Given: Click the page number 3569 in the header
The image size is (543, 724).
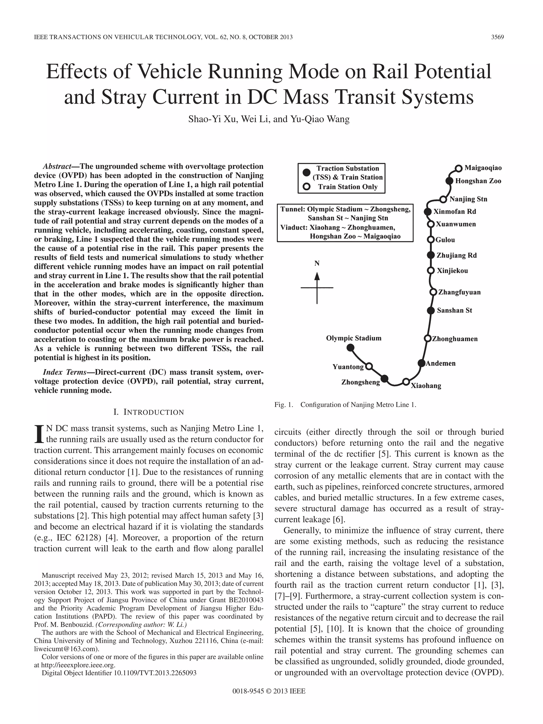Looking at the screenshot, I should pyautogui.click(x=497, y=37).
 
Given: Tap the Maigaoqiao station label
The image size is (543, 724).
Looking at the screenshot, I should pyautogui.click(x=483, y=168).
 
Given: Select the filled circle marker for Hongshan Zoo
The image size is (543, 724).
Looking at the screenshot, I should pyautogui.click(x=450, y=181).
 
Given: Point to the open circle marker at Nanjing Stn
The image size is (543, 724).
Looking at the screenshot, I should pyautogui.click(x=443, y=199).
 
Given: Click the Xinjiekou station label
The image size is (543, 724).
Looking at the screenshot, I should pyautogui.click(x=452, y=271).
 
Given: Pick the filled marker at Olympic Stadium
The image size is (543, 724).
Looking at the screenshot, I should pyautogui.click(x=351, y=347).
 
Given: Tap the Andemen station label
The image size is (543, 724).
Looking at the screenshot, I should pyautogui.click(x=441, y=363).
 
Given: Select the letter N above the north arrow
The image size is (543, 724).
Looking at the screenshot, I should pyautogui.click(x=317, y=263).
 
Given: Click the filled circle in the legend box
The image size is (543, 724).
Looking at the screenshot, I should pyautogui.click(x=306, y=173).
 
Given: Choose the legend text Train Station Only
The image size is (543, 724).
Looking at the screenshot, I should pyautogui.click(x=348, y=187).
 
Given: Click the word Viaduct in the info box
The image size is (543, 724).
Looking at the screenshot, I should pyautogui.click(x=294, y=227).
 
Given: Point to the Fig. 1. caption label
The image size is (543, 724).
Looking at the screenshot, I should pyautogui.click(x=283, y=405).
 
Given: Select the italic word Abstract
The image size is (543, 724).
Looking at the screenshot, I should pyautogui.click(x=57, y=166).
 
